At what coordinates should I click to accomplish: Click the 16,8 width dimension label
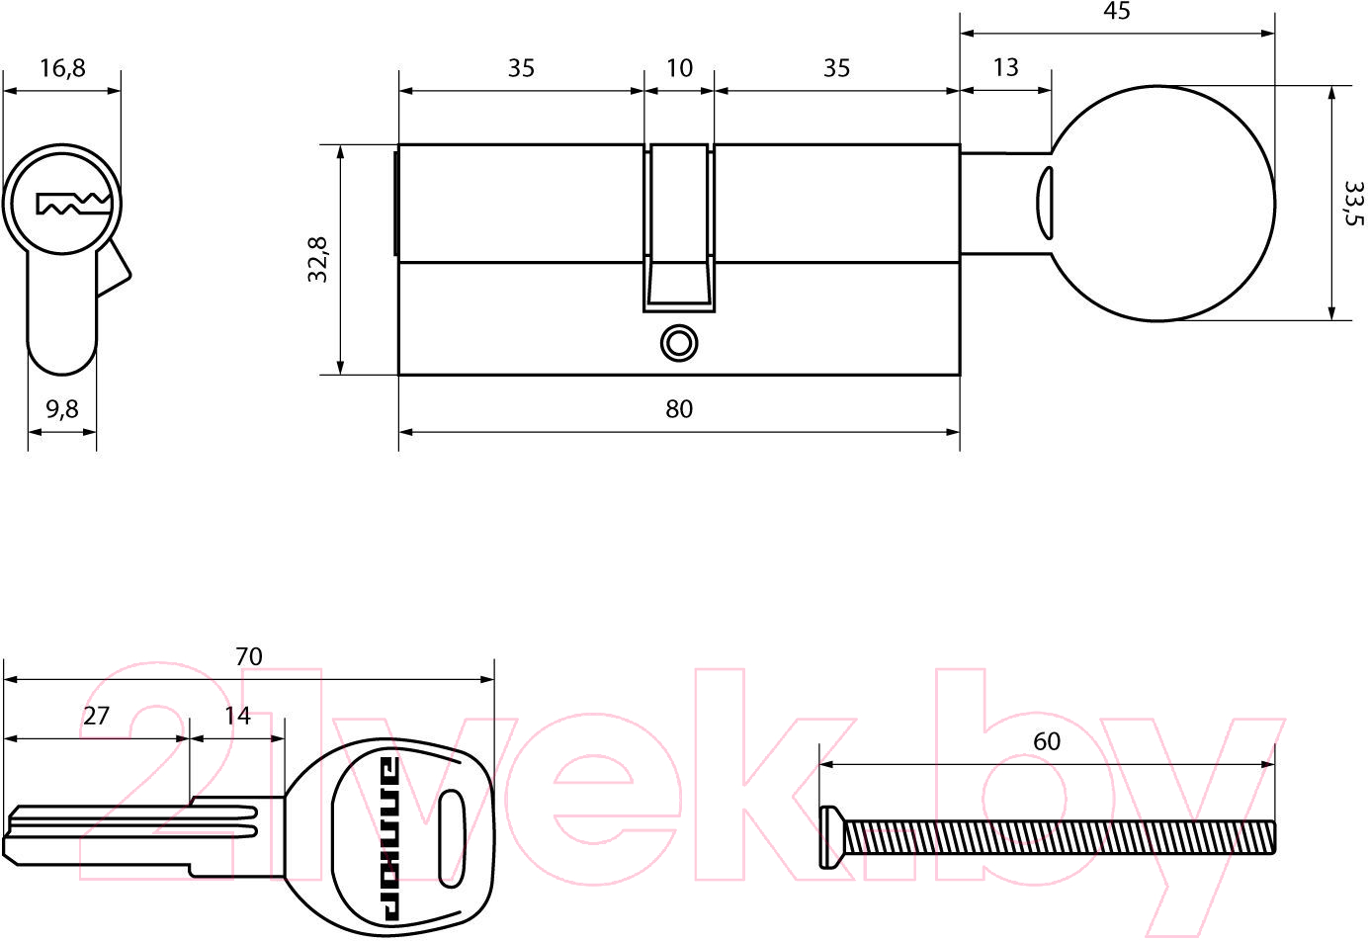point(62,68)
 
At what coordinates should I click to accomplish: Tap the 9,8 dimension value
point(62,409)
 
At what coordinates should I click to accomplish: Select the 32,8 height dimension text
point(317,260)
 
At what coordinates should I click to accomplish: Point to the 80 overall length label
point(679,409)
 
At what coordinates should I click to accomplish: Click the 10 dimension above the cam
point(679,68)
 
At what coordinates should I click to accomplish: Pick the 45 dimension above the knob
point(1117,11)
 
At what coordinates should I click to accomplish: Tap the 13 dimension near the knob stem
point(1005,67)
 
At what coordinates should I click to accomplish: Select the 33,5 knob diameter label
point(1354,204)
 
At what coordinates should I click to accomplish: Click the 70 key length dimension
point(249,656)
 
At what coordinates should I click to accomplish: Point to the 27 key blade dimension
point(96,716)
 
